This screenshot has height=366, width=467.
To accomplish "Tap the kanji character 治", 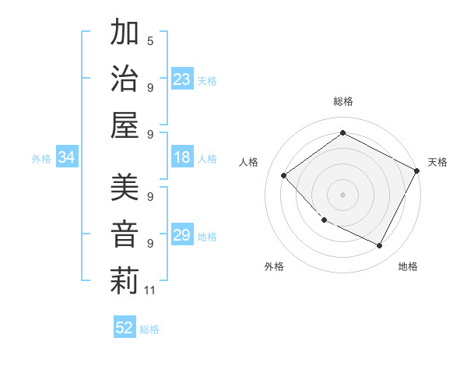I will [x=125, y=78].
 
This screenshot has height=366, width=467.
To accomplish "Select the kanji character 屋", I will [x=125, y=125].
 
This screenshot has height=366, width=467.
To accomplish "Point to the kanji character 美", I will [x=125, y=188].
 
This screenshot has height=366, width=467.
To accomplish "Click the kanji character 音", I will [x=125, y=234].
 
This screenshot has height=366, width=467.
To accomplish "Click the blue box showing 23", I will [x=182, y=79].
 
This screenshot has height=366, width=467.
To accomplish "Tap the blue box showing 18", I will [x=182, y=158].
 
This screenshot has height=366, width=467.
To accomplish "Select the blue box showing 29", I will [x=182, y=235].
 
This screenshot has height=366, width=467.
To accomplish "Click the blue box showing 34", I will [x=66, y=158].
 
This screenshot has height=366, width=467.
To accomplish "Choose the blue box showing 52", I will [x=125, y=328].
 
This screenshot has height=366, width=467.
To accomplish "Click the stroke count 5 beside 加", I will [x=149, y=40].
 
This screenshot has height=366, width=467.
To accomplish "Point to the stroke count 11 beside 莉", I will [x=150, y=290].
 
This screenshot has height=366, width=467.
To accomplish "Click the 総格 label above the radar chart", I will [x=343, y=101].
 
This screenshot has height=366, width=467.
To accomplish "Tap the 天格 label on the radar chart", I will [x=437, y=162].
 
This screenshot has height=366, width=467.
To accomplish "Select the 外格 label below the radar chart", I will [x=274, y=266].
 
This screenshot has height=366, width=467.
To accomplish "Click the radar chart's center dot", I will [x=342, y=194].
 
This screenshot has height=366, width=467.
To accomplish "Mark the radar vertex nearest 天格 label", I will [x=418, y=170].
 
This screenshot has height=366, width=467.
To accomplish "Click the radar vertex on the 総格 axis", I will [x=342, y=132].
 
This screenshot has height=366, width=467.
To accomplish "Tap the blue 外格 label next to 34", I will [x=41, y=159].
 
